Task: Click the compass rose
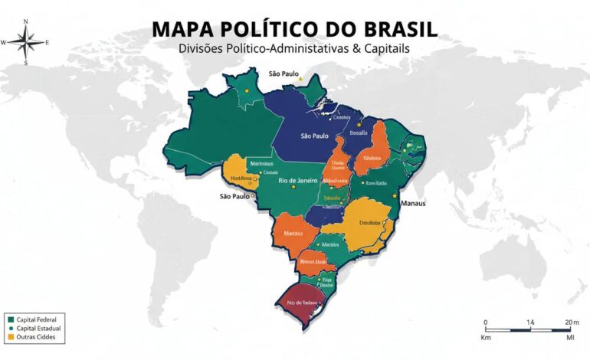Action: (x=25, y=42)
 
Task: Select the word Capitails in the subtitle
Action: (x=388, y=47)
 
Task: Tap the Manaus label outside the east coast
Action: (x=414, y=204)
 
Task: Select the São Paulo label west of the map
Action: (x=235, y=197)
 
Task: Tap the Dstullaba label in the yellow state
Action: (x=369, y=223)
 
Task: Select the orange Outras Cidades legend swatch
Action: (x=10, y=336)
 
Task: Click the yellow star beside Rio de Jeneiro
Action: (x=293, y=187)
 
